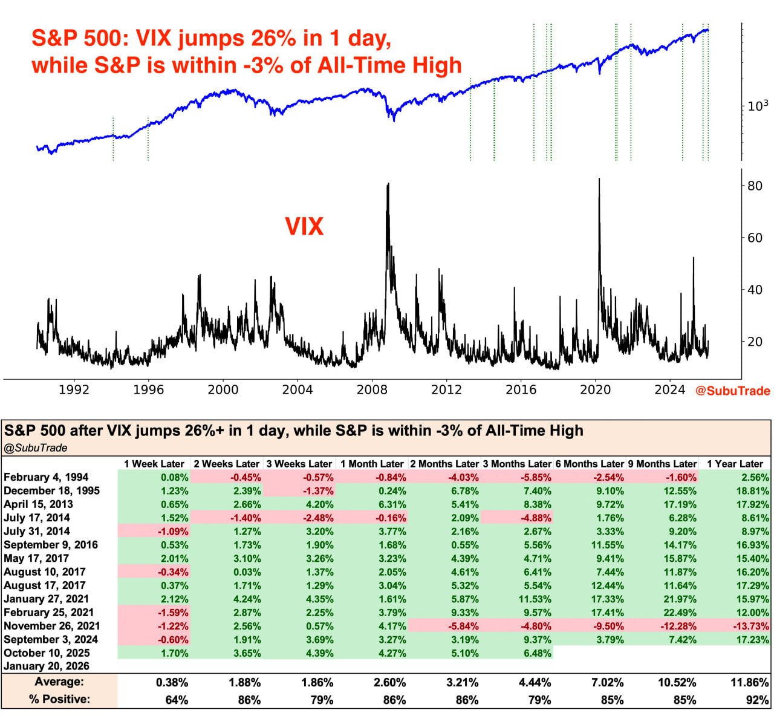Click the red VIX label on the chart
[304, 227]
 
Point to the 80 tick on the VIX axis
[755, 186]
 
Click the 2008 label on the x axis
[372, 390]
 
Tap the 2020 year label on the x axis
[596, 390]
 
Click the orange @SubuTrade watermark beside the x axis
[733, 391]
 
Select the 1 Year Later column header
[735, 464]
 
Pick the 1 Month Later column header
[372, 464]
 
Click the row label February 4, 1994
[46, 477]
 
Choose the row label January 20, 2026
[47, 666]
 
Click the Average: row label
[59, 682]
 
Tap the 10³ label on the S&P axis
[758, 106]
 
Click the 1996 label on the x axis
[148, 390]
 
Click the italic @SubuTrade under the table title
[36, 448]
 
